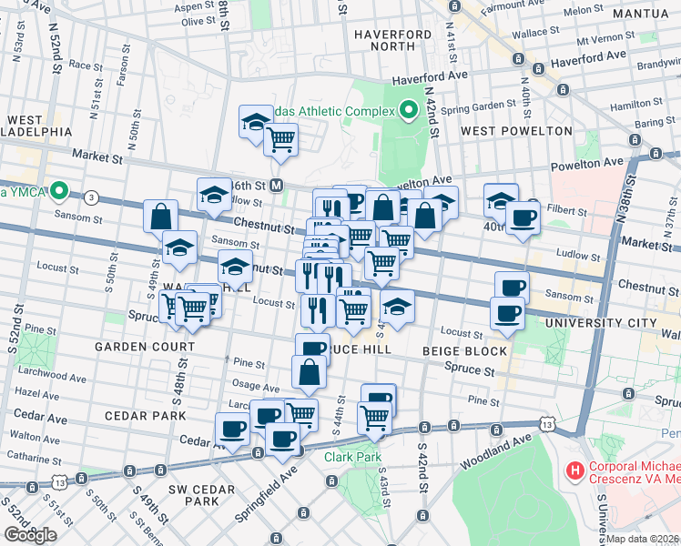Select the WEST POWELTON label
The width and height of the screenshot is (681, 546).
[x=516, y=130]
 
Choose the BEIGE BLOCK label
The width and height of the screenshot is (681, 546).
[x=464, y=350]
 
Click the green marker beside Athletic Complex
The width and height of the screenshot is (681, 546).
[x=409, y=111]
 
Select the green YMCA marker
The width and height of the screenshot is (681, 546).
[x=60, y=191]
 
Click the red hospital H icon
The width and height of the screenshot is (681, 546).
[x=574, y=471]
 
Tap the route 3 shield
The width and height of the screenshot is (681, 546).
[x=91, y=197]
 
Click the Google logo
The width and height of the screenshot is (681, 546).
[x=30, y=535]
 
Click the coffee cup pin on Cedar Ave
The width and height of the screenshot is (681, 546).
[x=231, y=429]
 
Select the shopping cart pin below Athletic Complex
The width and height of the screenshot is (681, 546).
[x=280, y=139]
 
